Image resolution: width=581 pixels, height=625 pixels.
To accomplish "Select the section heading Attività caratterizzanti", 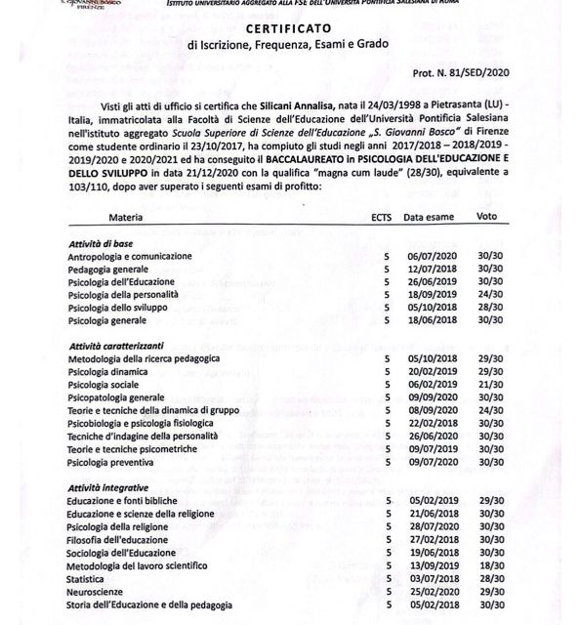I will (115, 346).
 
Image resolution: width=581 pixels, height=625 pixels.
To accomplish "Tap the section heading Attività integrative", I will (109, 486).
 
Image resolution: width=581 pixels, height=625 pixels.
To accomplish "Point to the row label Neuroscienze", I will (96, 592).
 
